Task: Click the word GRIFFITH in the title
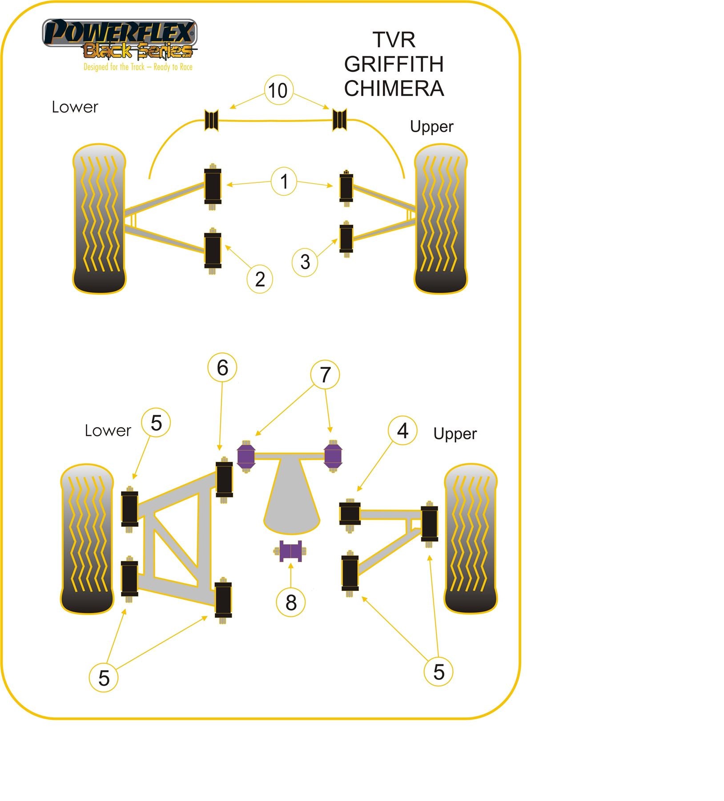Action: tap(394, 64)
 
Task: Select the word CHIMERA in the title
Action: tap(394, 88)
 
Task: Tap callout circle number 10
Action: tap(278, 90)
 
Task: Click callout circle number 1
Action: tap(284, 181)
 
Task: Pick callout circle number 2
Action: tap(260, 279)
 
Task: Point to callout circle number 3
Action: tap(305, 262)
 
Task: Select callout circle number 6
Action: tap(222, 368)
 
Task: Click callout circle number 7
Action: tap(325, 375)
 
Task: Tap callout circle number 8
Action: tap(290, 603)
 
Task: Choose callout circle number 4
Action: tap(402, 430)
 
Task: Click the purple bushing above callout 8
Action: tap(290, 551)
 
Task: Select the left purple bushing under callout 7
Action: tap(245, 456)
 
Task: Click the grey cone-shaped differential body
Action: tap(291, 498)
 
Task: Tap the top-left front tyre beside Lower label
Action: tap(99, 218)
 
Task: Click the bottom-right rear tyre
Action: tap(471, 538)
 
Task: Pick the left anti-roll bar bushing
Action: tap(211, 120)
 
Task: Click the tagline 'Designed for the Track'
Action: tap(138, 67)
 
